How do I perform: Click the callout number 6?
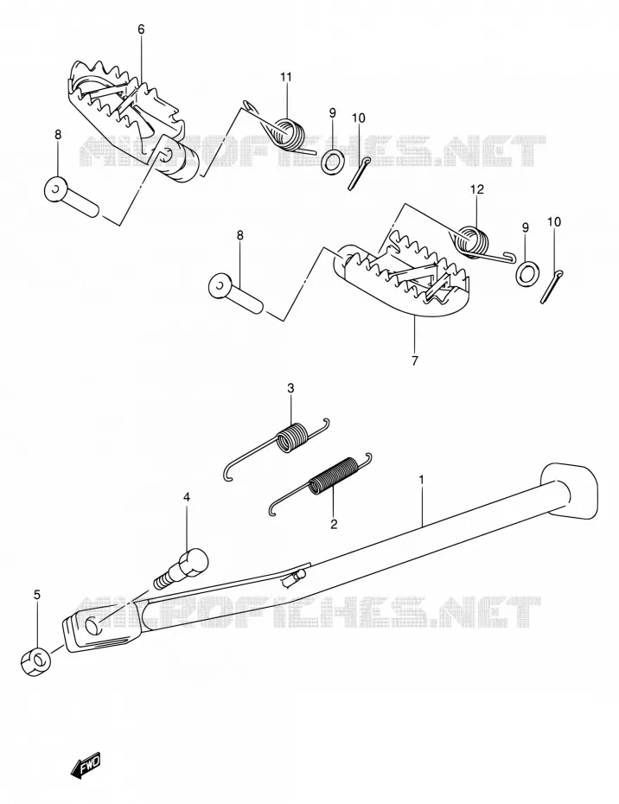[141, 29]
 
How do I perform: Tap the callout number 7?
[414, 361]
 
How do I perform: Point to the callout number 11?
[285, 77]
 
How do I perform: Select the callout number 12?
[477, 189]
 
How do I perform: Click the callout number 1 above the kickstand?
[421, 480]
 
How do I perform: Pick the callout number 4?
[187, 497]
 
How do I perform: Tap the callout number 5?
[36, 595]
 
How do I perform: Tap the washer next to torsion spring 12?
[525, 273]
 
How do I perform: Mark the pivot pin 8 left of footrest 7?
[235, 294]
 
